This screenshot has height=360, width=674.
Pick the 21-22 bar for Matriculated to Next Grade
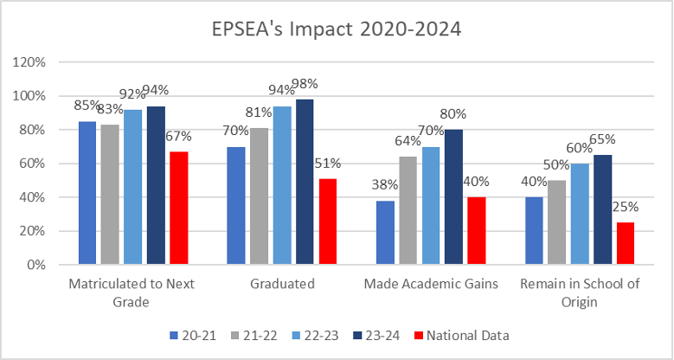click(111, 195)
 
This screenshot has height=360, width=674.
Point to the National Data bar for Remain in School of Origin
click(624, 243)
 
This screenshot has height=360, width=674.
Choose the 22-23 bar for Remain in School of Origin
click(579, 214)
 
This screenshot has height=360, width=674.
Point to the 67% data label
click(178, 136)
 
